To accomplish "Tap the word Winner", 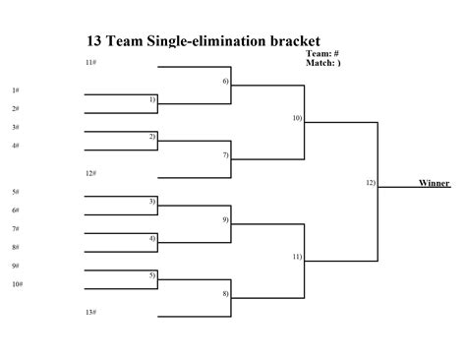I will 434,183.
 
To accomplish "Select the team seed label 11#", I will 90,62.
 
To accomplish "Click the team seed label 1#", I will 16,90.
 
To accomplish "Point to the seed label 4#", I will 16,146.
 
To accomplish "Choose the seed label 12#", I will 90,173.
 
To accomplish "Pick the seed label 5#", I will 16,192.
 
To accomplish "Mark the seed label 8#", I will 16,247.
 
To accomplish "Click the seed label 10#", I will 18,284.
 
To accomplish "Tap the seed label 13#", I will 90,312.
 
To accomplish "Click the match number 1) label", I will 152,99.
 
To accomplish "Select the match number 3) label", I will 152,201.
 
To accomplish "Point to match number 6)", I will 225,81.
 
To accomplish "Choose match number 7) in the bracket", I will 225,154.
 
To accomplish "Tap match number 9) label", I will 225,219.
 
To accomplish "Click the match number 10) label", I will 297,118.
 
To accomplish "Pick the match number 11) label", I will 297,257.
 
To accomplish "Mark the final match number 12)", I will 371,183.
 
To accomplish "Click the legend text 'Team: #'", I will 322,53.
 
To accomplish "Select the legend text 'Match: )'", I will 323,62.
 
